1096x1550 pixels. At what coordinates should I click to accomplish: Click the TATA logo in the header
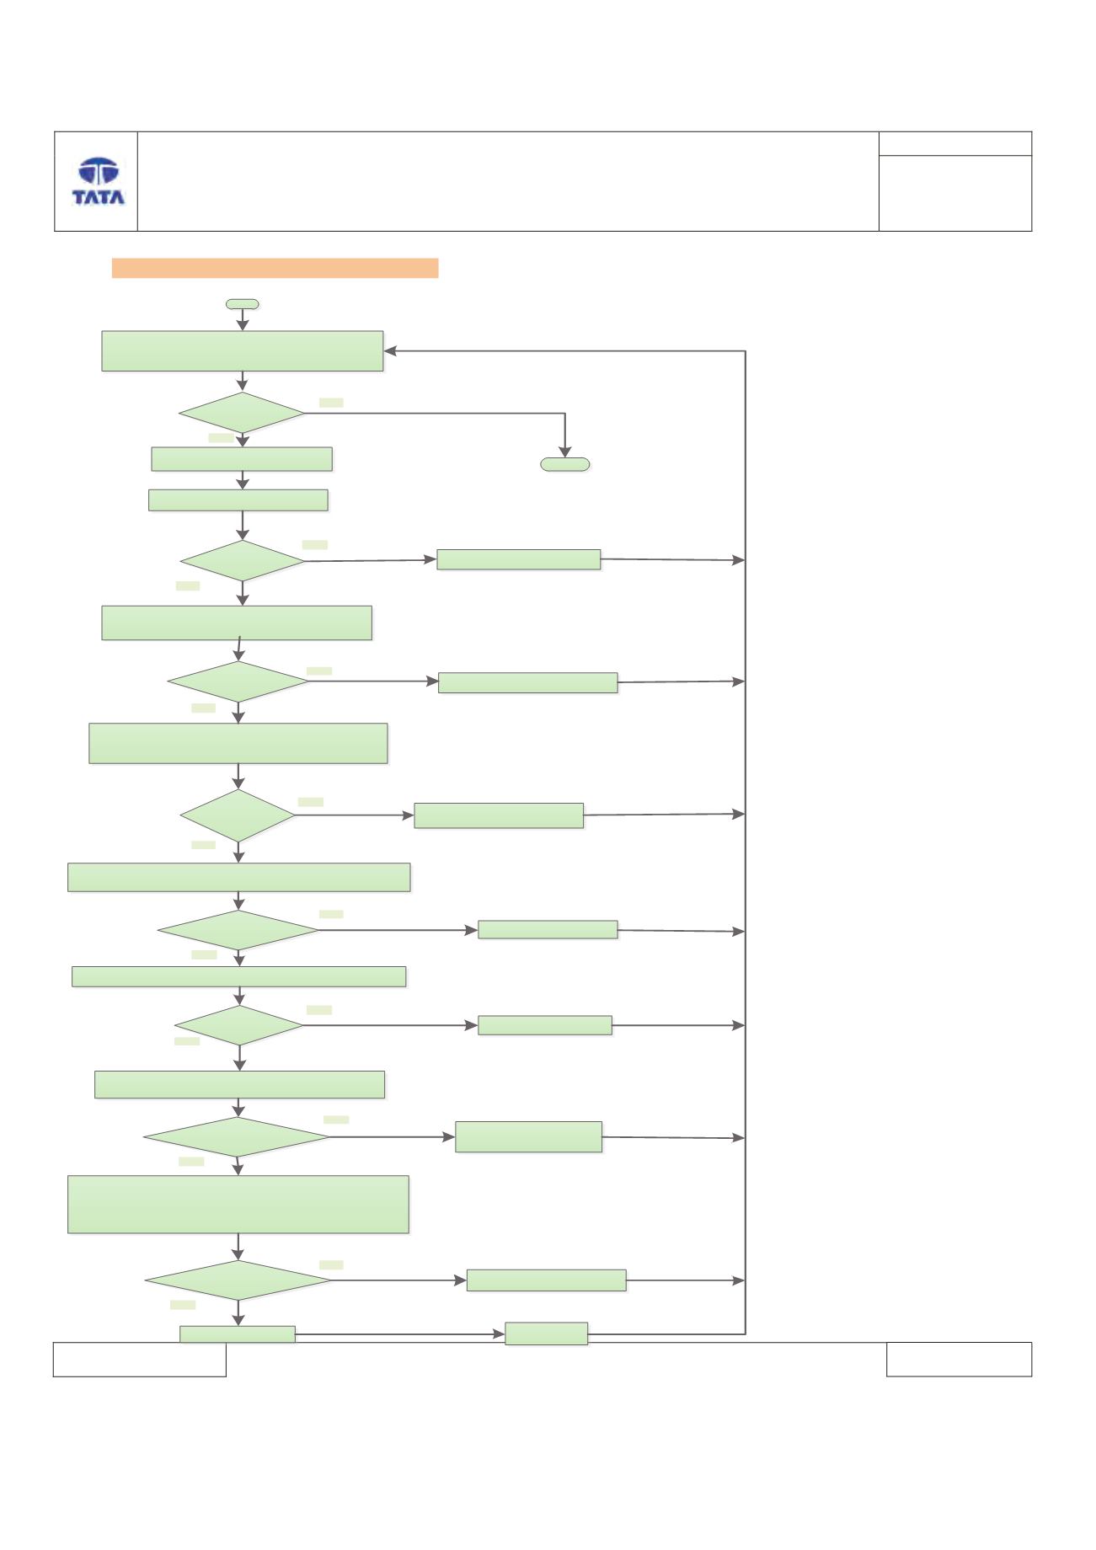click(98, 181)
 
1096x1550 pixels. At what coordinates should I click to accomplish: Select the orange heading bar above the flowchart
click(275, 268)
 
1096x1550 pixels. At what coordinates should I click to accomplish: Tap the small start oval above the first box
click(243, 304)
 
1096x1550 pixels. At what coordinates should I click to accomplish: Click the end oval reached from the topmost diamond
click(564, 464)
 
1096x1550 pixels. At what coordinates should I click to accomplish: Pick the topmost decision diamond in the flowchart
click(242, 414)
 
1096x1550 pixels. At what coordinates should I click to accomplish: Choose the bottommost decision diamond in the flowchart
click(238, 1280)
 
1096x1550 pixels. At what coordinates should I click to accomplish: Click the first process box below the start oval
click(243, 351)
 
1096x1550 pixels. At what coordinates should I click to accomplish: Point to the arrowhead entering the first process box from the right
click(390, 351)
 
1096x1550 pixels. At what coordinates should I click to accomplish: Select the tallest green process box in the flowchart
click(238, 1205)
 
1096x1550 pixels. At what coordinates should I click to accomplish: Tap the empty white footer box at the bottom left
click(140, 1360)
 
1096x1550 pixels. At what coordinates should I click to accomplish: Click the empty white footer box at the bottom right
click(959, 1360)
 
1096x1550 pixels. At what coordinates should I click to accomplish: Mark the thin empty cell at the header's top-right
click(955, 143)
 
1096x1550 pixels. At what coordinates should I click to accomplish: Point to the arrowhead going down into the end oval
click(564, 451)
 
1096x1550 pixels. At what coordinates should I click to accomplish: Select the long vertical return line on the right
click(746, 842)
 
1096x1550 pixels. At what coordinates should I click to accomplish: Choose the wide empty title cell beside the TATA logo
click(508, 181)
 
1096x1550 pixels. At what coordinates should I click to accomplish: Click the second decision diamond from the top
click(242, 560)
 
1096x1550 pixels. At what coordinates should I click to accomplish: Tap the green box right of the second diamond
click(519, 559)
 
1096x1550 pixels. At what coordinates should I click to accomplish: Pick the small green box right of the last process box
click(547, 1334)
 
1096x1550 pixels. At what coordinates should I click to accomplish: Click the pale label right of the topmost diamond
click(331, 403)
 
